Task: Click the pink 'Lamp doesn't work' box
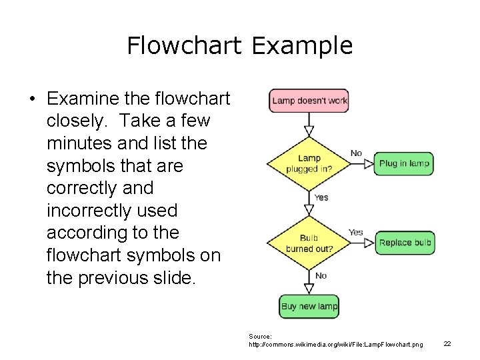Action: (x=309, y=101)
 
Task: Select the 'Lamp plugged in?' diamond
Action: (x=309, y=163)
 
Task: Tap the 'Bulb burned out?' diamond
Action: (x=309, y=243)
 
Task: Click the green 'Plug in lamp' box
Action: (x=404, y=163)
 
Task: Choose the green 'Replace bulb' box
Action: (x=405, y=243)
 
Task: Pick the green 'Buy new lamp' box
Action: (x=309, y=307)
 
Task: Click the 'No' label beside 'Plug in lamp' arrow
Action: (x=357, y=153)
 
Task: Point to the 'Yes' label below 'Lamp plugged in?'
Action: (x=321, y=197)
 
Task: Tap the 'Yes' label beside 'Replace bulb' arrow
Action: (x=356, y=232)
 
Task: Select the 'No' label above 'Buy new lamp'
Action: (x=321, y=275)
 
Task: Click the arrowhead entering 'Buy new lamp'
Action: (x=309, y=289)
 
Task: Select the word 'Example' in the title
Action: (x=302, y=45)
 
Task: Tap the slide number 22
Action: (x=447, y=343)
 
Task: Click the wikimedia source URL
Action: (x=335, y=345)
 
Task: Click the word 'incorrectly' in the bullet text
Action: (x=112, y=211)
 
